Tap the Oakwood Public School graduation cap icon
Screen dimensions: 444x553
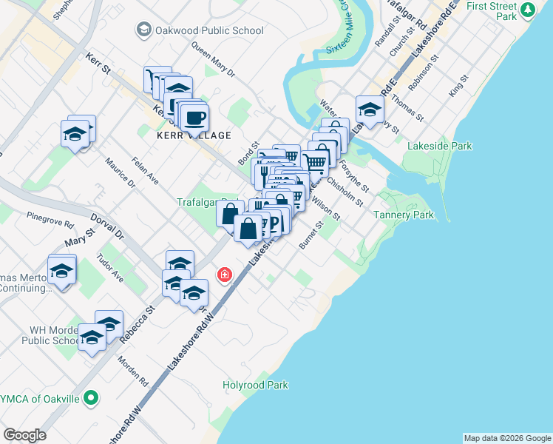coord(143,30)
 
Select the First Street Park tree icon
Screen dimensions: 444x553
coord(527,10)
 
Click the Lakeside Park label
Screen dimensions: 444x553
coord(440,146)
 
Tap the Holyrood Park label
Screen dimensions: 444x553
coord(256,385)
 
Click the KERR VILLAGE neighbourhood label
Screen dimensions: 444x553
coord(194,135)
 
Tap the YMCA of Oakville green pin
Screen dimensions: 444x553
coord(91,399)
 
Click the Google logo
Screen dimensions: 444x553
coord(24,435)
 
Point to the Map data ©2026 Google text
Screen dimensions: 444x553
coord(507,438)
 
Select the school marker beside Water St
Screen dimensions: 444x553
coord(370,110)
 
